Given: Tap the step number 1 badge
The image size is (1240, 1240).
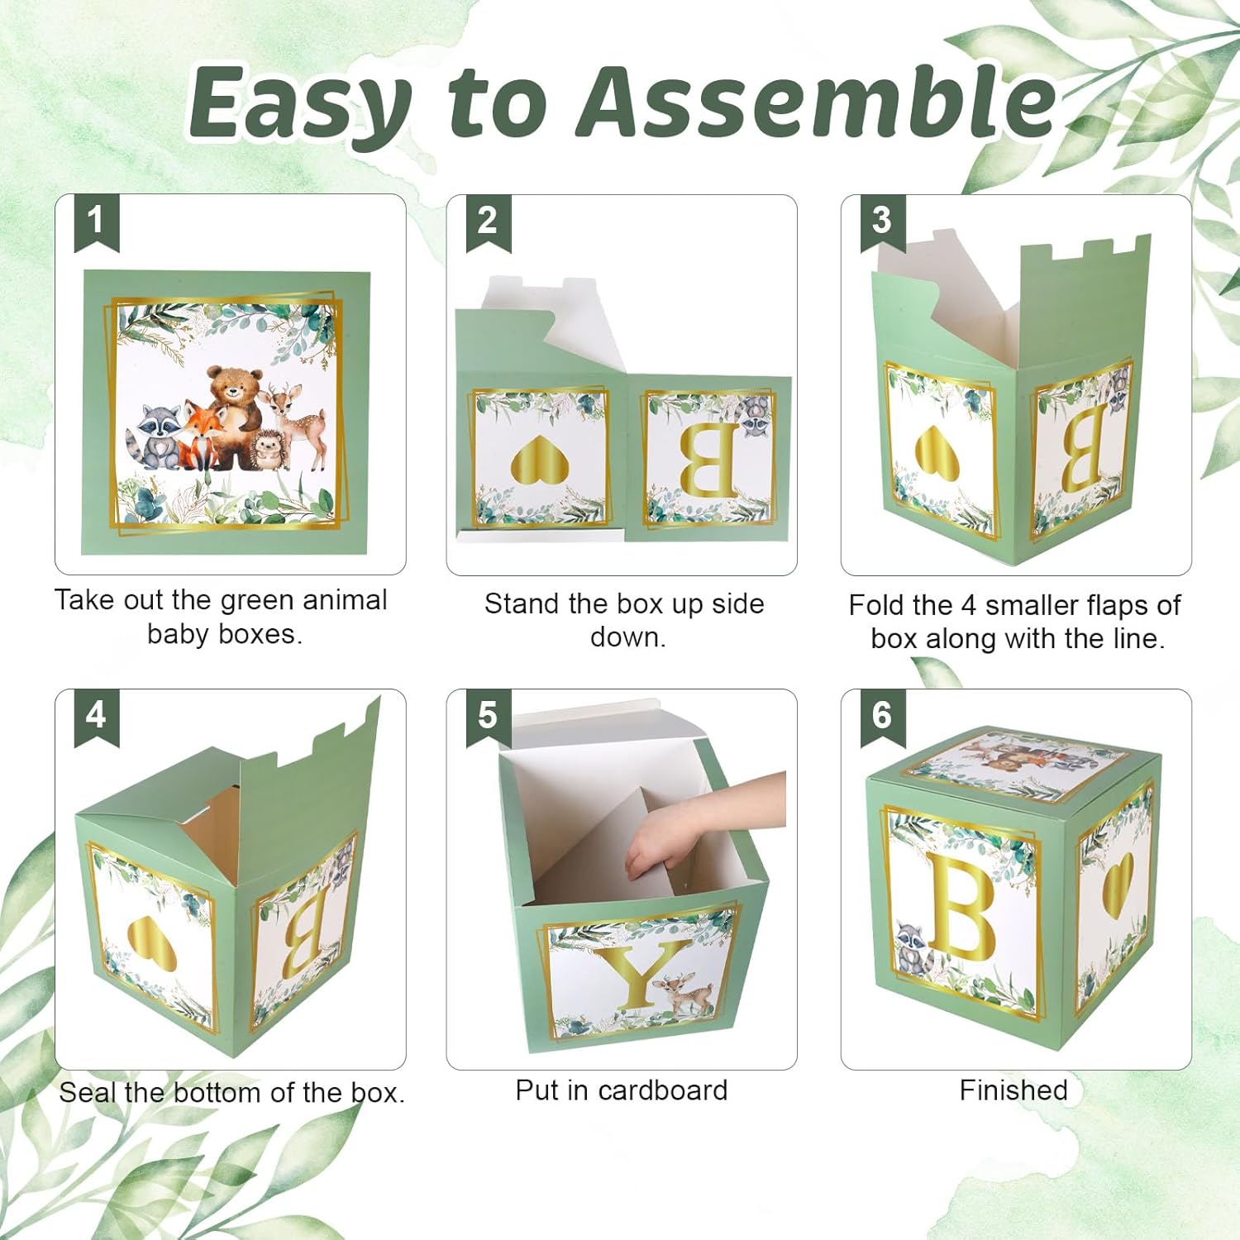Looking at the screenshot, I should pyautogui.click(x=96, y=221).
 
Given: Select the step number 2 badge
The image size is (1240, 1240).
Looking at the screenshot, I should pyautogui.click(x=488, y=221).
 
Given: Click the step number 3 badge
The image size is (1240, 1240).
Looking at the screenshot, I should pyautogui.click(x=882, y=221).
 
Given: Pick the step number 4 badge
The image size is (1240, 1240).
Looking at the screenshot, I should pyautogui.click(x=96, y=715).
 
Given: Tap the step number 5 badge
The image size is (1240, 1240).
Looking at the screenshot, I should pyautogui.click(x=488, y=715).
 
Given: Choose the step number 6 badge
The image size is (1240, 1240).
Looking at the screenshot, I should pyautogui.click(x=882, y=715).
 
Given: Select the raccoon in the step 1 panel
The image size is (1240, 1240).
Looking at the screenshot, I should pyautogui.click(x=157, y=434).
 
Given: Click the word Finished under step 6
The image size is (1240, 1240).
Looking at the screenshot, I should pyautogui.click(x=1013, y=1090).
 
